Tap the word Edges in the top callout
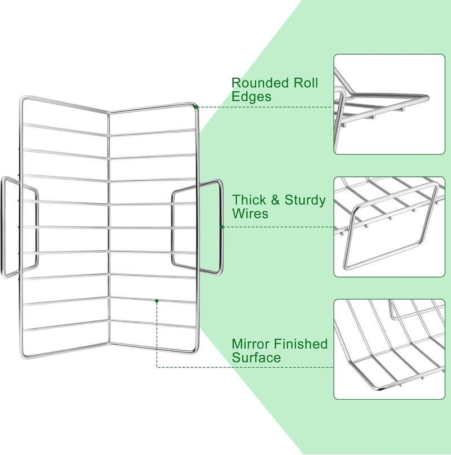click(x=251, y=97)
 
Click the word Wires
click(x=250, y=214)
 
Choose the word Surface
click(x=256, y=357)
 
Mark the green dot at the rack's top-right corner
click(x=196, y=106)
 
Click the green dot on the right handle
click(x=222, y=227)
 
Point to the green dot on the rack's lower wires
click(x=157, y=301)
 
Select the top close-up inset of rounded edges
click(x=389, y=104)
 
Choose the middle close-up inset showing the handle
click(x=389, y=227)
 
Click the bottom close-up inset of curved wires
click(x=389, y=349)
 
